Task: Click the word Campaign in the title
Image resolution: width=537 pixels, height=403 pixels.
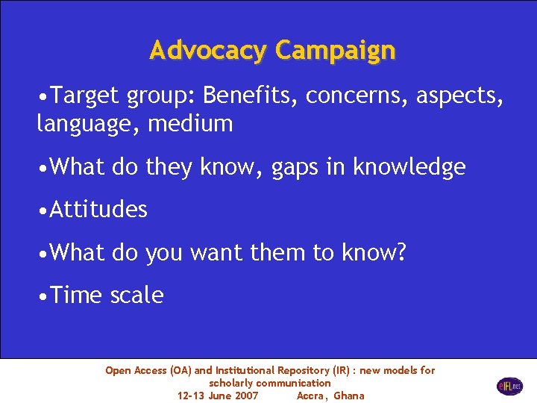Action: pyautogui.click(x=335, y=51)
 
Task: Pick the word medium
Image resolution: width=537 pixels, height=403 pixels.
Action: pyautogui.click(x=191, y=123)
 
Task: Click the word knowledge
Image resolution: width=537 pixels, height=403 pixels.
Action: pyautogui.click(x=409, y=167)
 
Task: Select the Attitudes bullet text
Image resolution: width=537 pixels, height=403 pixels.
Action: pyautogui.click(x=98, y=210)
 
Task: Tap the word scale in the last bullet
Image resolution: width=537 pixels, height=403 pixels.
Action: pyautogui.click(x=136, y=296)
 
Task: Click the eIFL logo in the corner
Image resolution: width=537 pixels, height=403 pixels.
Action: pyautogui.click(x=510, y=386)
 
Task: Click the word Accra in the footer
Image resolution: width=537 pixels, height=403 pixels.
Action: pyautogui.click(x=311, y=396)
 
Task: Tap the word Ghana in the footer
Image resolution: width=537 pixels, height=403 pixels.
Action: pyautogui.click(x=349, y=396)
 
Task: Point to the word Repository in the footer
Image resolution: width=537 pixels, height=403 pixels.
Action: pyautogui.click(x=308, y=370)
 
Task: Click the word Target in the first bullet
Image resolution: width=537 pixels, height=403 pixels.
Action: pyautogui.click(x=87, y=96)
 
